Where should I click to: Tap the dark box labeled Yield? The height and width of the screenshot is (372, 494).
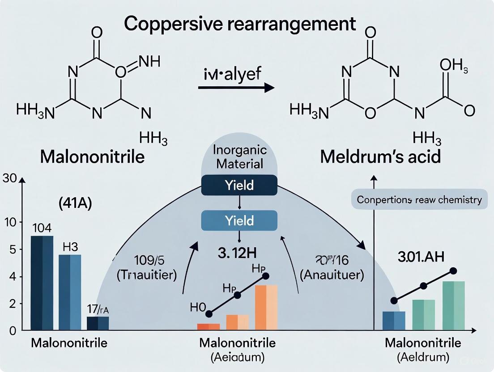[240, 185]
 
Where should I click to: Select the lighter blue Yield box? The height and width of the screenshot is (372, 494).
[240, 220]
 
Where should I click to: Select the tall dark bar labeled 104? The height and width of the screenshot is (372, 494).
[42, 283]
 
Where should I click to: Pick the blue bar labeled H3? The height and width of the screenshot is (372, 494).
[70, 292]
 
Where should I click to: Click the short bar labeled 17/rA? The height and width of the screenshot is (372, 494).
[98, 323]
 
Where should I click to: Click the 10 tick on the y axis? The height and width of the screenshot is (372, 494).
[10, 222]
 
